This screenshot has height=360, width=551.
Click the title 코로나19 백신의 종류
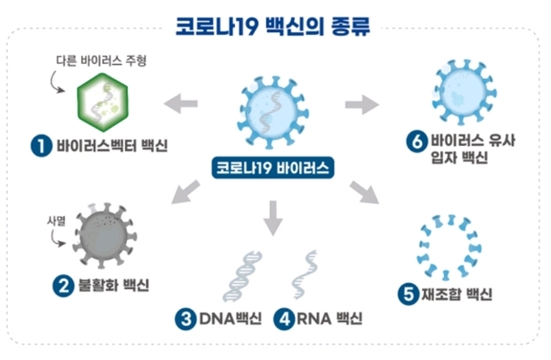click(273, 26)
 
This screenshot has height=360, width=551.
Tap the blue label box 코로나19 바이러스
click(273, 168)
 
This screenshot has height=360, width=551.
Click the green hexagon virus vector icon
click(102, 102)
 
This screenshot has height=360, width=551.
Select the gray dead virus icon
click(105, 235)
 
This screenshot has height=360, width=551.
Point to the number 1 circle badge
click(41, 146)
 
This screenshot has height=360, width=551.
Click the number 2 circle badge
click(63, 286)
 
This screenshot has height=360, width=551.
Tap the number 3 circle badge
click(186, 319)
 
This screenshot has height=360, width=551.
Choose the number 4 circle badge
click(284, 319)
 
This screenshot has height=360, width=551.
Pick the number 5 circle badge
click(408, 294)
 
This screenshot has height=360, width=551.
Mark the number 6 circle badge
click(417, 141)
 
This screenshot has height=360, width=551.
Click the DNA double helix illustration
click(242, 276)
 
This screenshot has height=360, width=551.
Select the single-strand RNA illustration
click(305, 274)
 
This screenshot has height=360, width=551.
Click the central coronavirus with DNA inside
click(273, 113)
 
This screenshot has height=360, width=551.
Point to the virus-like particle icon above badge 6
click(463, 92)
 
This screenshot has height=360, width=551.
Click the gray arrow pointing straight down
click(273, 218)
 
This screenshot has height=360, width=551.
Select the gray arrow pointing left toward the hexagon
click(181, 103)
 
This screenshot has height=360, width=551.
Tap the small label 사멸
click(57, 221)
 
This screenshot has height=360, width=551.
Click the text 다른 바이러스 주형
click(101, 61)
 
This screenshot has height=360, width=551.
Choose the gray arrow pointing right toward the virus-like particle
click(362, 105)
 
